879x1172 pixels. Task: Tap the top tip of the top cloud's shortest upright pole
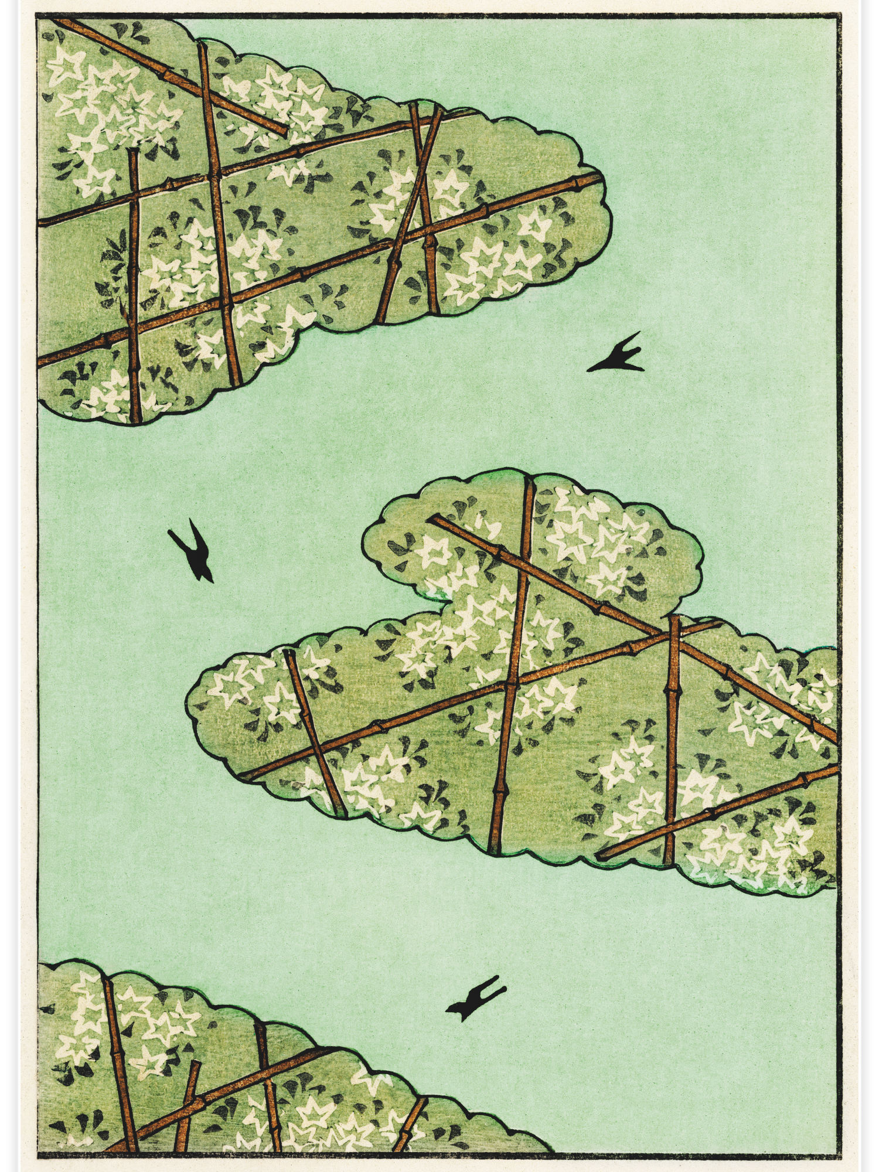click(133, 151)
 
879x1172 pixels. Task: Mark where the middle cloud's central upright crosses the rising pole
click(512, 684)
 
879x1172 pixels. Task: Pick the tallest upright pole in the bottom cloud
click(120, 1055)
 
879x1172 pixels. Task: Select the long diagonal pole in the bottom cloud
click(234, 1084)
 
